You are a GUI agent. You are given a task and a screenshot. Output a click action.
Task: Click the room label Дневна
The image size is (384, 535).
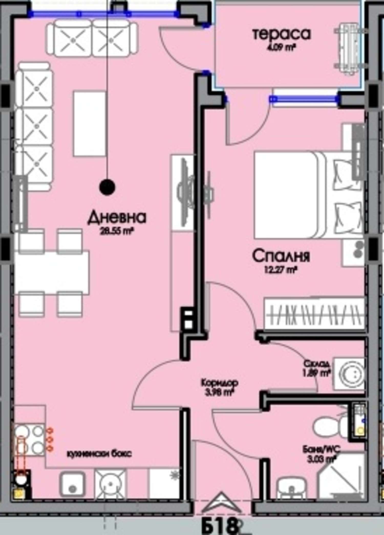[x=117, y=218]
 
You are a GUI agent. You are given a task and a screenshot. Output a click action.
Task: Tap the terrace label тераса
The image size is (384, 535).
[x=282, y=34]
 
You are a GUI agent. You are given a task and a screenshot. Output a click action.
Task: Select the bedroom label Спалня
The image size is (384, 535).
[x=281, y=256]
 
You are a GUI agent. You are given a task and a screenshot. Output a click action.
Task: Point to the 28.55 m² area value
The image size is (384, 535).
[x=117, y=232]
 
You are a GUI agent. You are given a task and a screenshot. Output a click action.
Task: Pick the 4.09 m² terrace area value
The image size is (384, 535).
[x=282, y=47]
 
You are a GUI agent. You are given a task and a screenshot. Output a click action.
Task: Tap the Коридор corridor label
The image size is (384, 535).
[x=220, y=383]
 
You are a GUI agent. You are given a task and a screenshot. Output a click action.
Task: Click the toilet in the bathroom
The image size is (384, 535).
[x=328, y=427]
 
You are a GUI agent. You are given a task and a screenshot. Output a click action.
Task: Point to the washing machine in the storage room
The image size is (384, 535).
[x=349, y=374]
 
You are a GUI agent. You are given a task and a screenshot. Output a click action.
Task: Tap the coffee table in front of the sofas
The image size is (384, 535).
[x=89, y=124]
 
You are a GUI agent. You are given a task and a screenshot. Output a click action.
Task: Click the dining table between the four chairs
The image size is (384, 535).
[x=52, y=273]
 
